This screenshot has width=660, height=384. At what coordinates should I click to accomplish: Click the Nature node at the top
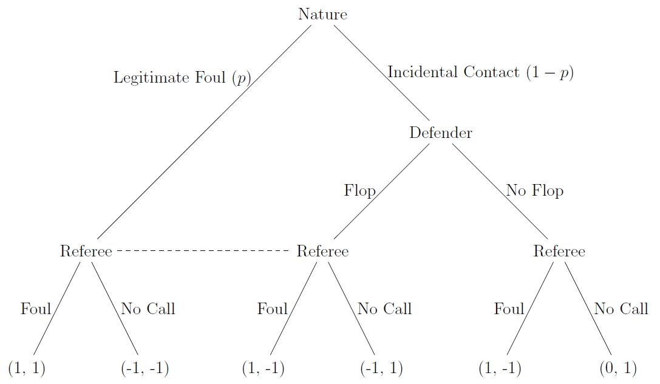tap(322, 15)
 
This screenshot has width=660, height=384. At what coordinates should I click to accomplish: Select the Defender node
tap(441, 132)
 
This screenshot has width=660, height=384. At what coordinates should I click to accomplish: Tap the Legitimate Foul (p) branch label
tap(182, 78)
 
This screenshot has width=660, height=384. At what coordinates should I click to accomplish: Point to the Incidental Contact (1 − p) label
tap(480, 72)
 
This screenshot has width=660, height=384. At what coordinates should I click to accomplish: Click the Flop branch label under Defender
tap(360, 191)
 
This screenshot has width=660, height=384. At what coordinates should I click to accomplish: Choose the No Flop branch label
tap(534, 191)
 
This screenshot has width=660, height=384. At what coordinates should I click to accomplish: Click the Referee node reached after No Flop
tap(559, 251)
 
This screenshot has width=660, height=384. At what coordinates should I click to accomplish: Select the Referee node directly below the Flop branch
tap(322, 251)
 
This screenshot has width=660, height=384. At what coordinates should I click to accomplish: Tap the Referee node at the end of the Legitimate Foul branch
tap(86, 251)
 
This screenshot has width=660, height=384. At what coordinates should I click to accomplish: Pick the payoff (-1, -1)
tap(145, 368)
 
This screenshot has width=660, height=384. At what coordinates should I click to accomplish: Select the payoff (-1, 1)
tap(381, 368)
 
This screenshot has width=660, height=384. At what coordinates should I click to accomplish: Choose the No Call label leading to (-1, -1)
tap(148, 309)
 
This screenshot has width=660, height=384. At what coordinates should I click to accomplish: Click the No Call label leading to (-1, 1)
tap(384, 309)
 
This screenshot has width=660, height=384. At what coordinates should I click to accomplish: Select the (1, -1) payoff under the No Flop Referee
tap(500, 368)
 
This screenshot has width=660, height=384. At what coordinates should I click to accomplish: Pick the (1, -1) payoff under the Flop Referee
tap(263, 368)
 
